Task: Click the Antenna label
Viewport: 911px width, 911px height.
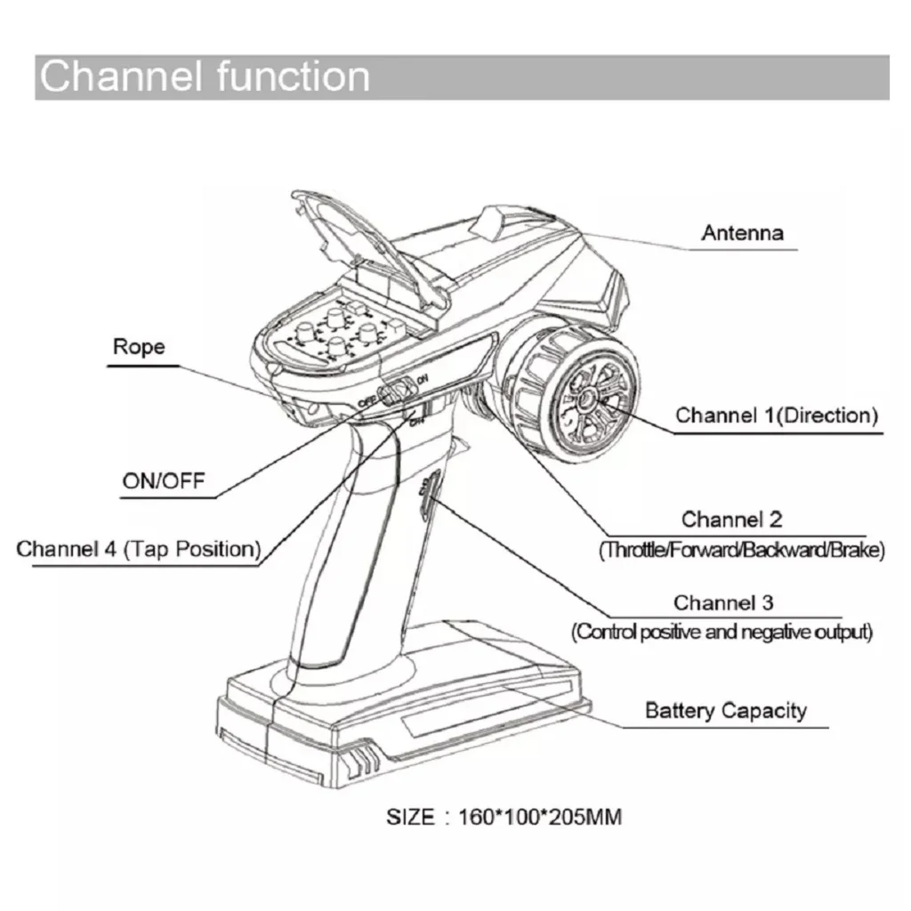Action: click(742, 233)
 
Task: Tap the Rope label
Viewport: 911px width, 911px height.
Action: click(139, 346)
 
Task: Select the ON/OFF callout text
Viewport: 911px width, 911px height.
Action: click(163, 481)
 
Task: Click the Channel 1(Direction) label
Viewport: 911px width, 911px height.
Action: click(777, 415)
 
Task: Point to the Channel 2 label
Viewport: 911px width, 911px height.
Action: click(731, 519)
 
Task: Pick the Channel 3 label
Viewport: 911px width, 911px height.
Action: click(722, 603)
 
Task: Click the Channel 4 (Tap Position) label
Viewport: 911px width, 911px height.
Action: click(139, 548)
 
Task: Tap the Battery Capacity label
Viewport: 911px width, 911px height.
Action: click(725, 710)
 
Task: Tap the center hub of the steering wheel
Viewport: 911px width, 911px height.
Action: click(591, 400)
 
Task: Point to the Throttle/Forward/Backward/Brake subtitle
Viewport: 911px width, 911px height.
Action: click(743, 550)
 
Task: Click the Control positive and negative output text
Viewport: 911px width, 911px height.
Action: click(722, 633)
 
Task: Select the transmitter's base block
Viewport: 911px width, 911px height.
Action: click(400, 712)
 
